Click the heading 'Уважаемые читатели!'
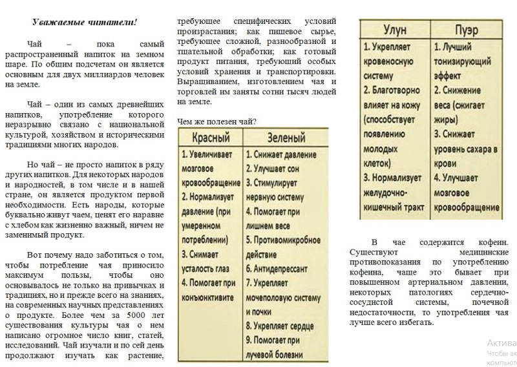coord(85,23)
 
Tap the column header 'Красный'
coord(209,138)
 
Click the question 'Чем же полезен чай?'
coord(216,121)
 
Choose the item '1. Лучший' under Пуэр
coord(459,48)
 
